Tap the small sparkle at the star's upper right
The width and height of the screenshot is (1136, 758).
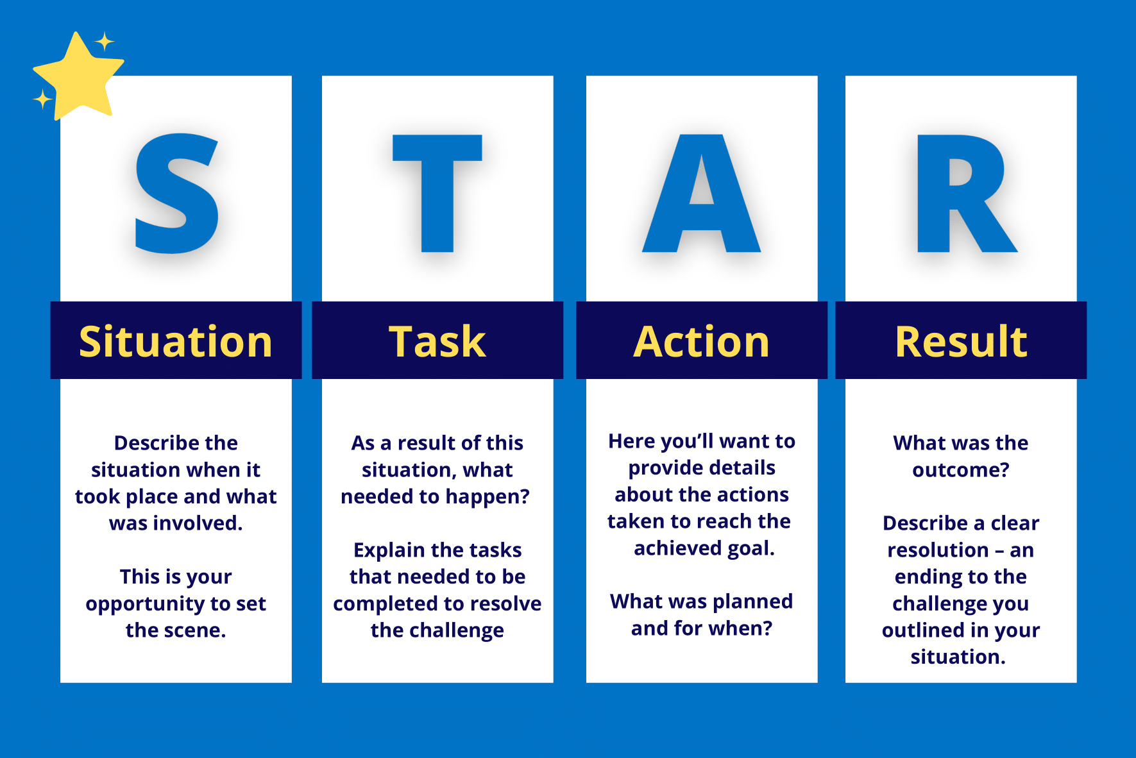(x=105, y=42)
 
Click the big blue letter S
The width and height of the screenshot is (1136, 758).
(x=177, y=193)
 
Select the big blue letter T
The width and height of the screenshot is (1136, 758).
(x=437, y=193)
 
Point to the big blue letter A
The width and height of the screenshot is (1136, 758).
(x=702, y=193)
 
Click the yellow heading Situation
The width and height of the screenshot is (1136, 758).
(x=176, y=341)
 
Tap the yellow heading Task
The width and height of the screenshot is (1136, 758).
(x=437, y=341)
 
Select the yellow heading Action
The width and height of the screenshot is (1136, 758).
(x=702, y=341)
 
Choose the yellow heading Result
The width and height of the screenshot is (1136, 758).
(x=961, y=341)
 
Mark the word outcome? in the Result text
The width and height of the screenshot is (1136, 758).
(x=961, y=470)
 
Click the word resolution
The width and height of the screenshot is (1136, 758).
(x=938, y=550)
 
